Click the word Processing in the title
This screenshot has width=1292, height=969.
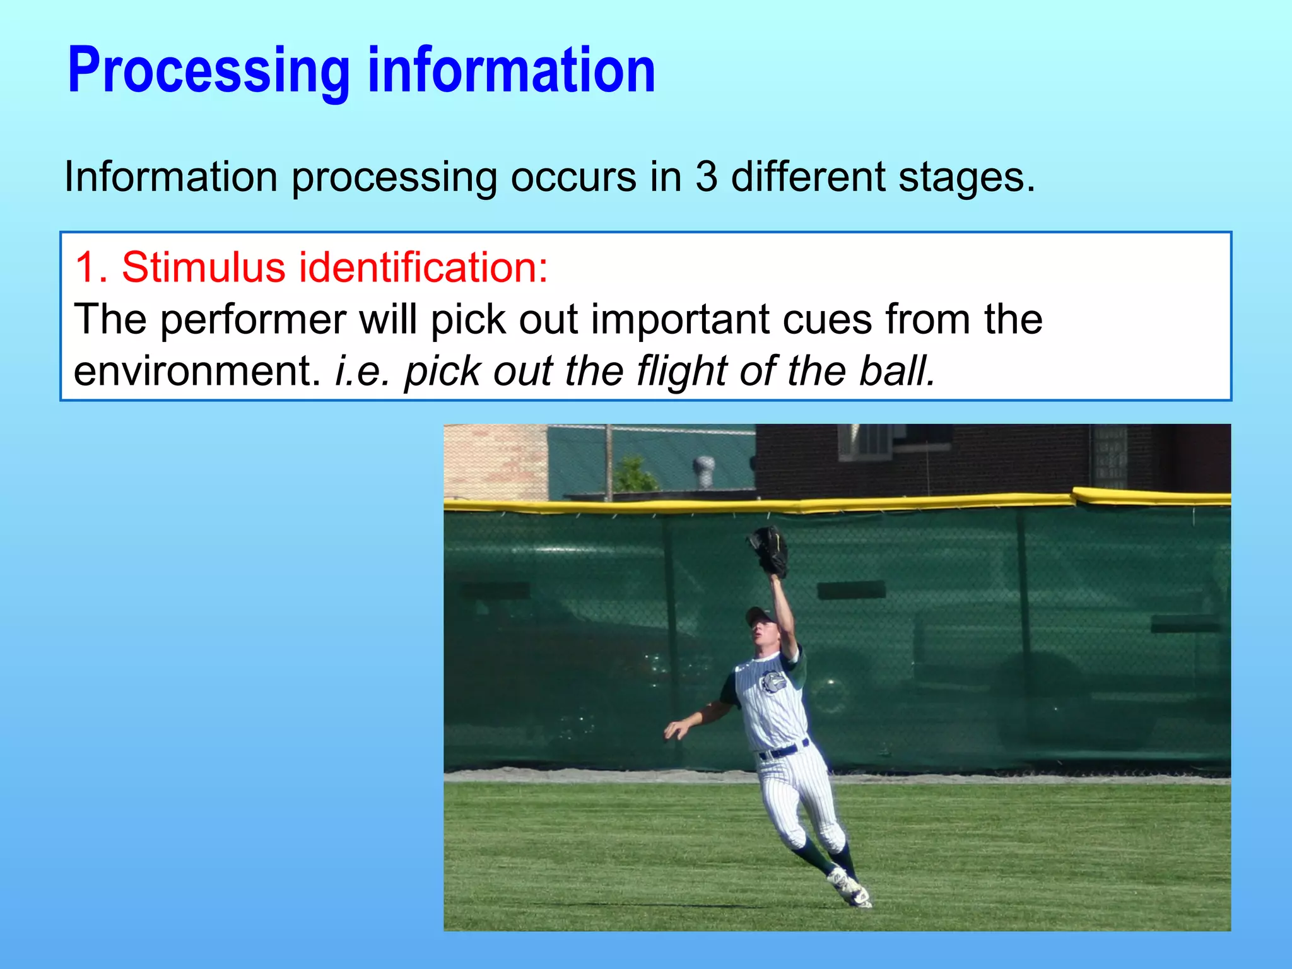[x=208, y=71]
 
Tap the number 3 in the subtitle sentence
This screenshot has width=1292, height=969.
[x=706, y=177]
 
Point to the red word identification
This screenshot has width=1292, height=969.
[x=423, y=267]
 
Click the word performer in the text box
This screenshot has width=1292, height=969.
[x=252, y=320]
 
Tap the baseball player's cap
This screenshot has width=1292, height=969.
[x=760, y=614]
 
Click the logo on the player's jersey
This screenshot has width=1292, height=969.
[x=771, y=682]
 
